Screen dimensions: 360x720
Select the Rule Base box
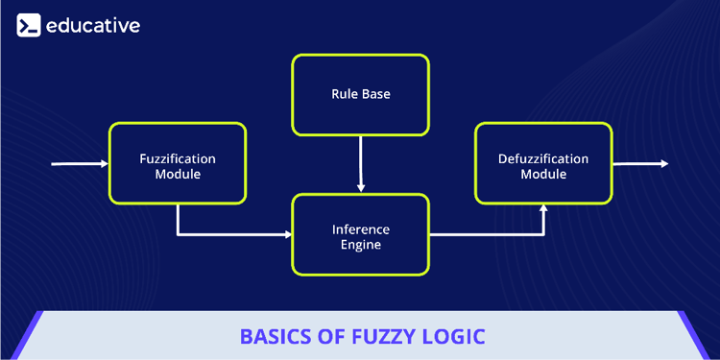[360, 94]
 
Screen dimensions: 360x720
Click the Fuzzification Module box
[178, 164]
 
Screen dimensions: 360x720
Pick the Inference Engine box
[360, 234]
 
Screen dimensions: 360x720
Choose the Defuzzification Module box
[543, 164]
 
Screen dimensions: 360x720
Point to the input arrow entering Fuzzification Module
[81, 164]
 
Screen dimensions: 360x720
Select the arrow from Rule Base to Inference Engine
[360, 163]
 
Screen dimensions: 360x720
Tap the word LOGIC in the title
[451, 337]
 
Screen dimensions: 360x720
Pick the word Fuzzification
[178, 157]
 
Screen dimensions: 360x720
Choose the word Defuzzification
[543, 157]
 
